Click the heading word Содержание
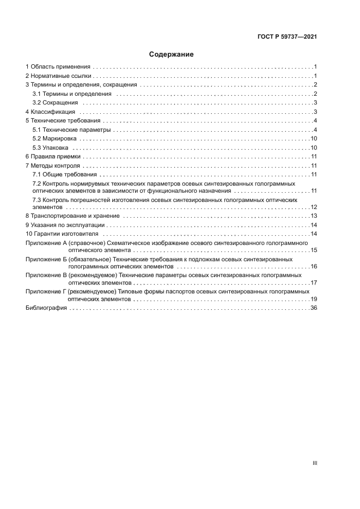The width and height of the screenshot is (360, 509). [172, 54]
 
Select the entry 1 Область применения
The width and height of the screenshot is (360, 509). [58, 66]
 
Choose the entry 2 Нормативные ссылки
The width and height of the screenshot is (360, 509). [59, 76]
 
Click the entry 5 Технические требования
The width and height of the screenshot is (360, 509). [63, 120]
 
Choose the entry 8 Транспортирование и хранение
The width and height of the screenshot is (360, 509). [72, 216]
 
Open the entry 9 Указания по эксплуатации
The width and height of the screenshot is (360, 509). [65, 225]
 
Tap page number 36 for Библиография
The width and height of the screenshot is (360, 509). [314, 308]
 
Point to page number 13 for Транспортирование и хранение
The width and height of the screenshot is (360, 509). [314, 216]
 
